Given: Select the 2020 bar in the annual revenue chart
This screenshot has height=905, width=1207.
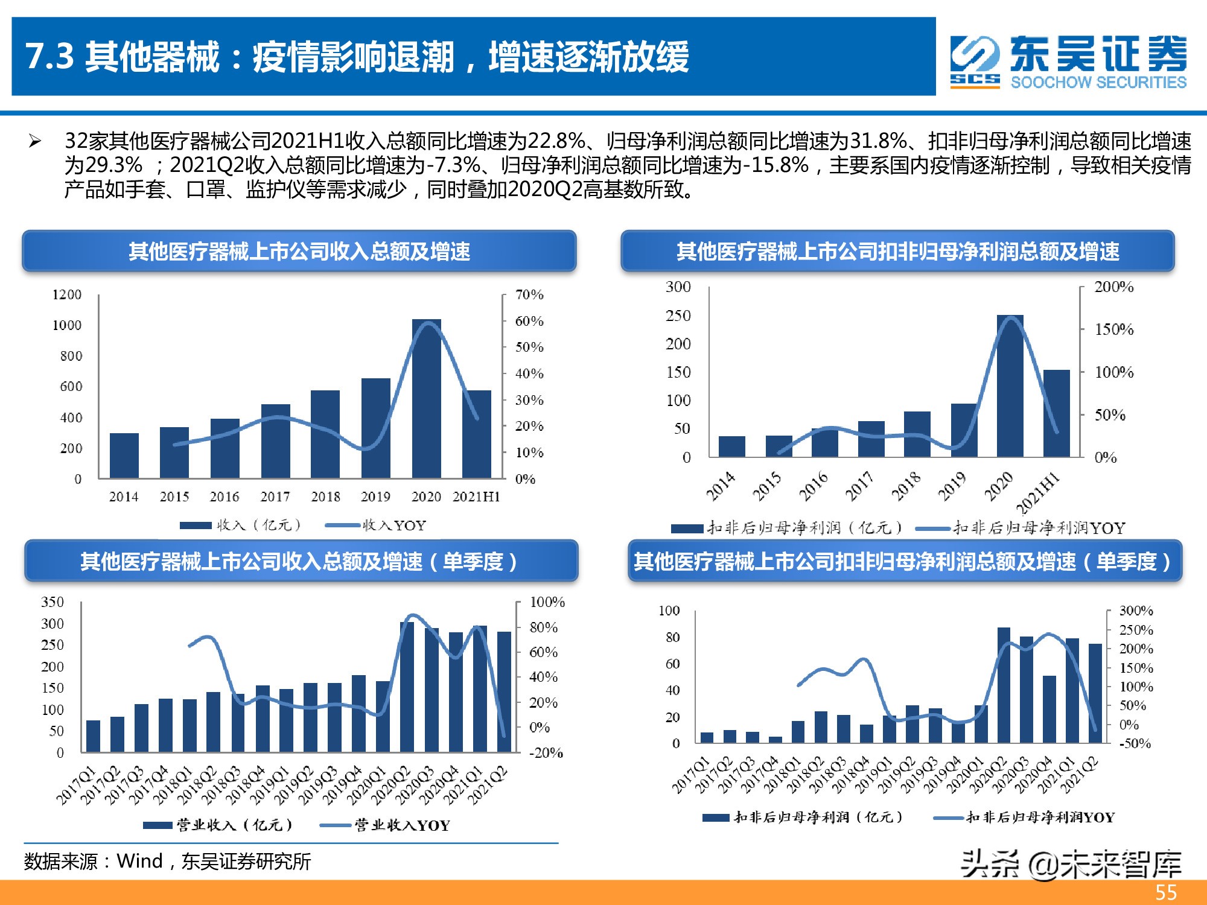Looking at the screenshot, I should click(x=426, y=398).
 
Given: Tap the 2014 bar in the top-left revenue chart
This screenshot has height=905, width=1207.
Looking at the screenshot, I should click(x=124, y=456).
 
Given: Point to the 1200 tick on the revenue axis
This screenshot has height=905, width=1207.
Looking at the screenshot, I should click(x=66, y=294).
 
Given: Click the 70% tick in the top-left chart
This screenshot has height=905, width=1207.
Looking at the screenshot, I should click(x=529, y=294).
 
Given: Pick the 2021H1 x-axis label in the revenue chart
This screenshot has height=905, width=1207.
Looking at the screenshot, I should click(x=476, y=497).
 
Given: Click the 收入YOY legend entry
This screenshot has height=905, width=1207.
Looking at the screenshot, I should click(x=375, y=526).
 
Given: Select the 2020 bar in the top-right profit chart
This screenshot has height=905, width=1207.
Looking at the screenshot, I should click(x=1010, y=386).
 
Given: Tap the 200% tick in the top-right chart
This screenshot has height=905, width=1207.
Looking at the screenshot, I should click(x=1113, y=287).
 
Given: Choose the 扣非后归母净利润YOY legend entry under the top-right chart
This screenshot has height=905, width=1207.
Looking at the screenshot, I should click(x=1020, y=529).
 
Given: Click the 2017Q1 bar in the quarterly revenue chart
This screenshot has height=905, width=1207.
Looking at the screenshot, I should click(x=93, y=736).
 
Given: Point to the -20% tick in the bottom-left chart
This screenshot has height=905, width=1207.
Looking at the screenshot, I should click(x=546, y=753).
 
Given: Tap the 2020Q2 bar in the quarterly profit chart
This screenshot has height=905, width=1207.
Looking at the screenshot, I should click(x=1004, y=685).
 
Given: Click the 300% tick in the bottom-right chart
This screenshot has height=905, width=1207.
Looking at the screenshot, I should click(x=1136, y=611).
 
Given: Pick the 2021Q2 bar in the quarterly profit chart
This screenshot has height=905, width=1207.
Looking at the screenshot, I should click(x=1095, y=693).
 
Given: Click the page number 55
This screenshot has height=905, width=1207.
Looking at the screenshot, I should click(x=1165, y=892).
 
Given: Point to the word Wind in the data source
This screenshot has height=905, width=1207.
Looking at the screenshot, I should click(x=139, y=861).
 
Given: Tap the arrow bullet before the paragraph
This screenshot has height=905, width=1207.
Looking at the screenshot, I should click(x=35, y=142).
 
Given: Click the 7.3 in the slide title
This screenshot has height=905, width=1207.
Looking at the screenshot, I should click(x=49, y=57).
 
